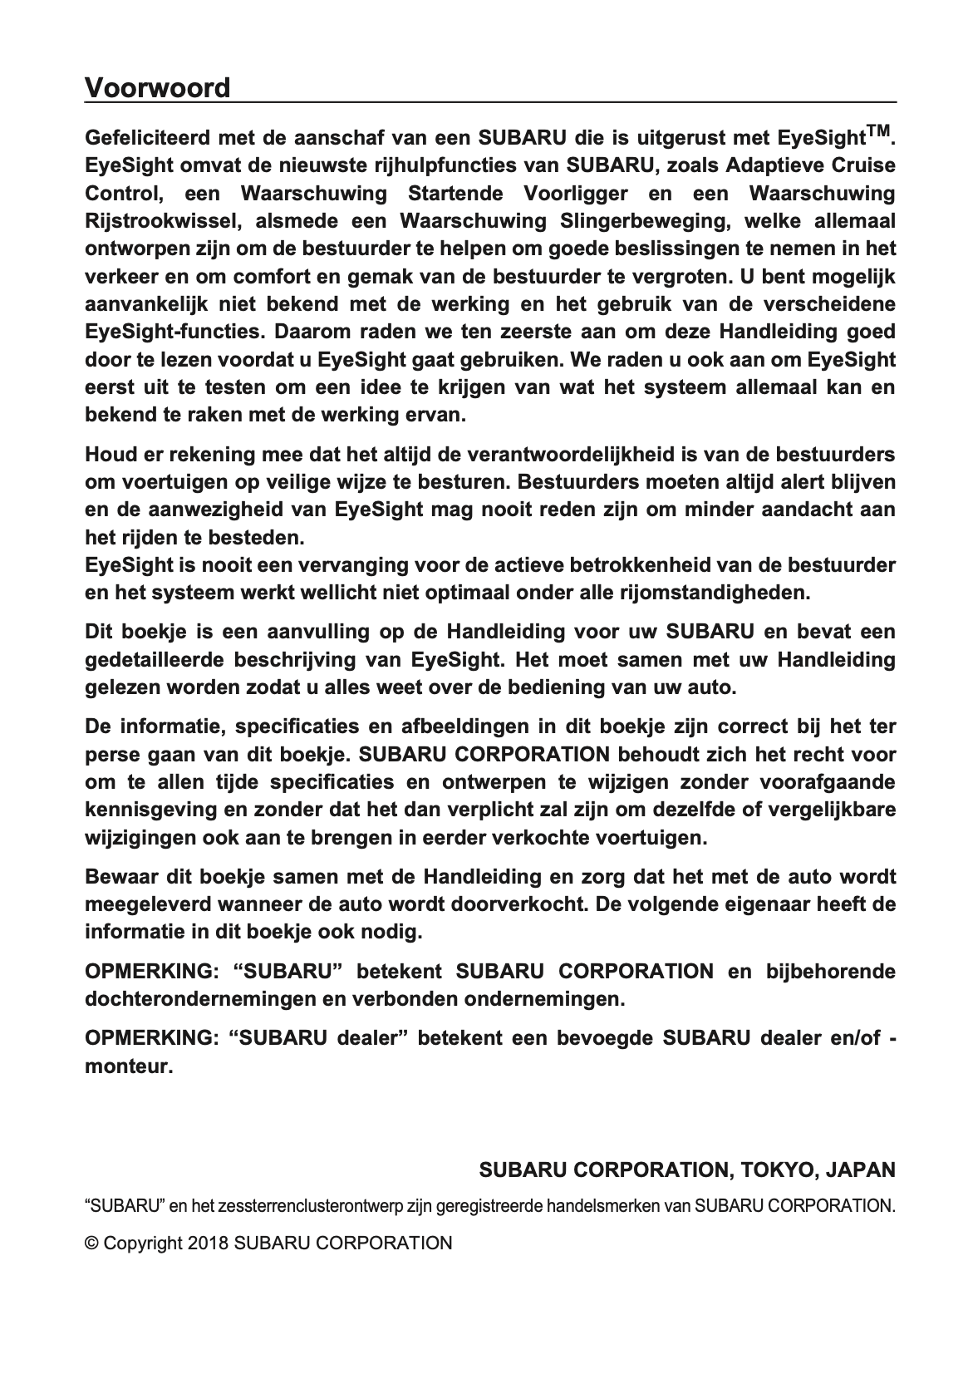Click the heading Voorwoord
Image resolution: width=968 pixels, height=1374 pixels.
point(157,87)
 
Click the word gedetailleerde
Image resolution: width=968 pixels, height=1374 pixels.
point(154,660)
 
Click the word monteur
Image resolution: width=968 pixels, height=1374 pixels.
point(129,1065)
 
